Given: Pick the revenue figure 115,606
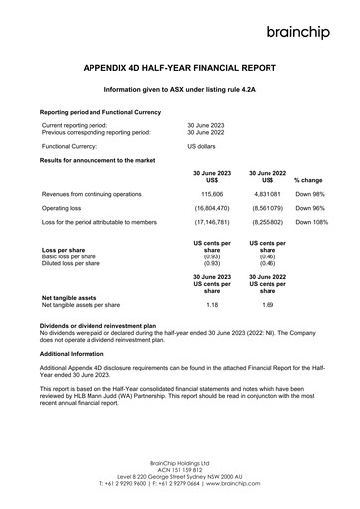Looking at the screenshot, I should tap(212, 194).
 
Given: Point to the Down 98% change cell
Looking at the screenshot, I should tap(311, 194).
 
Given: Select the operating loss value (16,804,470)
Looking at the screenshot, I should tap(212, 208).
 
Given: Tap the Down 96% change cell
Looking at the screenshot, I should tap(311, 208).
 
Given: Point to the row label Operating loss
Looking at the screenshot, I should tap(63, 208).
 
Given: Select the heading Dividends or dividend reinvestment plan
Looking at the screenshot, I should tap(97, 325).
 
